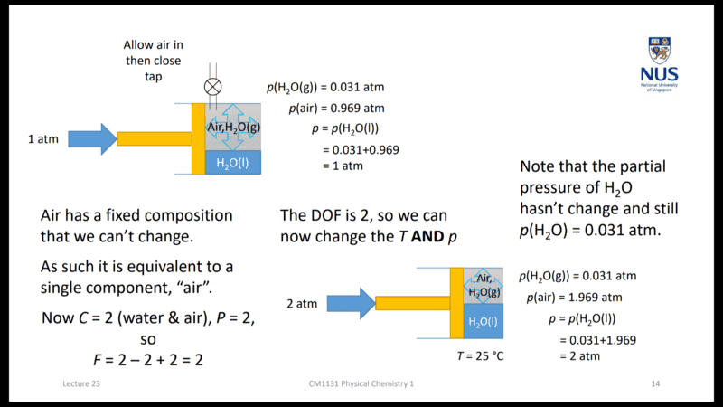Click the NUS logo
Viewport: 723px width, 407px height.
coord(663,63)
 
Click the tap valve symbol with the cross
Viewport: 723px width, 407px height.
coord(213,87)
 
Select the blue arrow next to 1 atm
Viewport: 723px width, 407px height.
coord(91,138)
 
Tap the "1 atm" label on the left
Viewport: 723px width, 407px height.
coord(44,139)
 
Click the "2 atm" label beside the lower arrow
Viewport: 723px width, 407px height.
coord(302,304)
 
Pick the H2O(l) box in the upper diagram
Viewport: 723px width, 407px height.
coord(233,163)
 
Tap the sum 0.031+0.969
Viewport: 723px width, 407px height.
coord(361,150)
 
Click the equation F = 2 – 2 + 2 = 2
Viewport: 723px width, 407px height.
coord(149,360)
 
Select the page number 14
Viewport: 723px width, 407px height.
coord(656,384)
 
